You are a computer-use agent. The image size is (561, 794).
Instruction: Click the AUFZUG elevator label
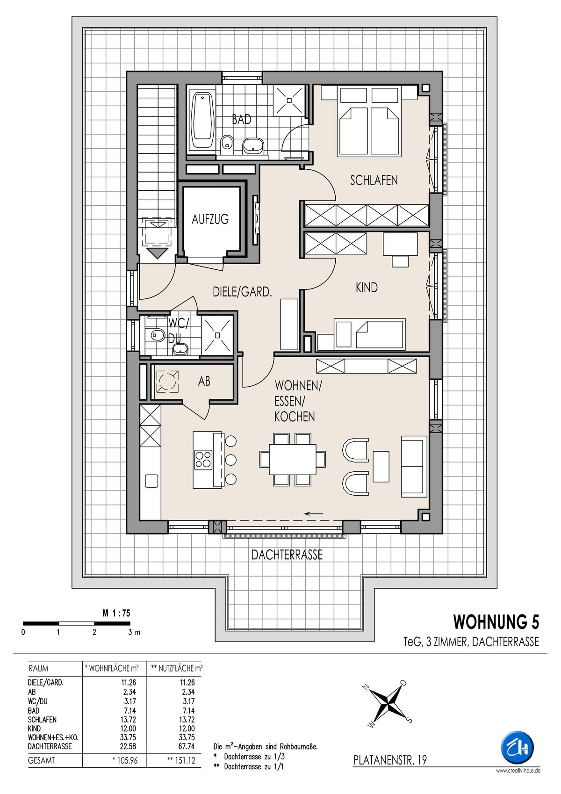click(210, 219)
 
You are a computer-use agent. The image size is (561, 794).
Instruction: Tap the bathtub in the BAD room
click(202, 121)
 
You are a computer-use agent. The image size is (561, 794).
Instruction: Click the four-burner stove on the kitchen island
click(203, 459)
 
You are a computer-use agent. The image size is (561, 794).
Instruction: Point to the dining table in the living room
click(292, 459)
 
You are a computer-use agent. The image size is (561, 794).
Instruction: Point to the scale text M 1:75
click(116, 613)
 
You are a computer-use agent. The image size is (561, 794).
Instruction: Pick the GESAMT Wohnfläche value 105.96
click(125, 760)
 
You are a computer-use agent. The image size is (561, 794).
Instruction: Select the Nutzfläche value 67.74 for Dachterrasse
click(186, 746)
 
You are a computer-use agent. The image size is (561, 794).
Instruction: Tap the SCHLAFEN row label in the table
click(42, 720)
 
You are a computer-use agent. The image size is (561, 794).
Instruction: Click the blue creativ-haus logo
click(517, 747)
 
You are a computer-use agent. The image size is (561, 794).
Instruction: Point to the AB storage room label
click(204, 381)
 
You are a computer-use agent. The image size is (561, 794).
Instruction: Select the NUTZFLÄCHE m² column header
click(177, 668)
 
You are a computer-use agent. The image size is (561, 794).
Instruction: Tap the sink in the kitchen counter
click(151, 481)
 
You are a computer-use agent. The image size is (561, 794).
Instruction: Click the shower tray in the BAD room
click(289, 101)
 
